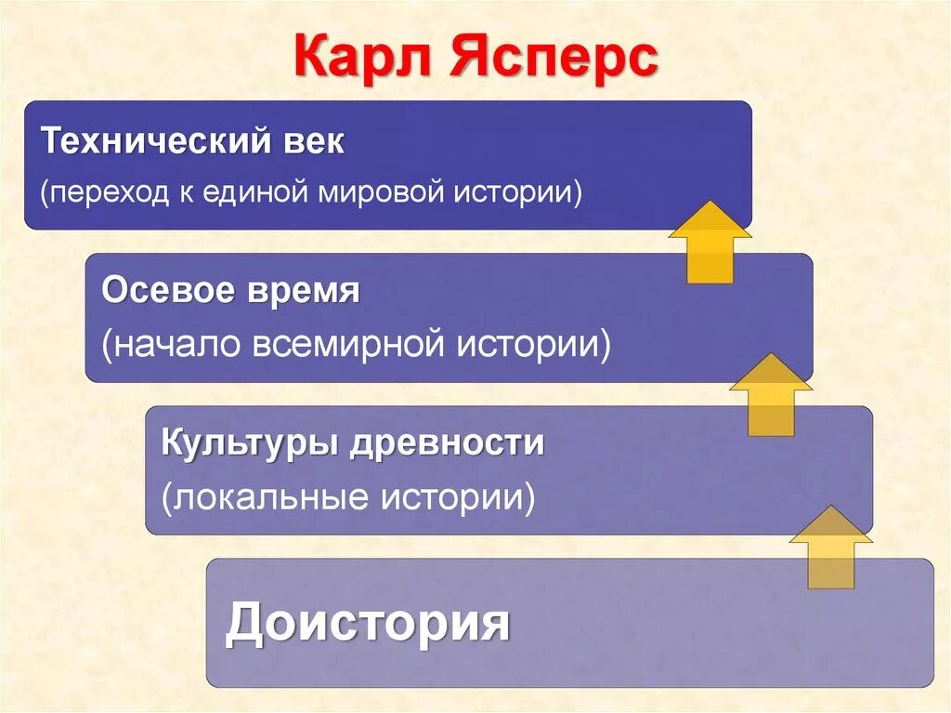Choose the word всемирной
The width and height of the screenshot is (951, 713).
click(x=351, y=345)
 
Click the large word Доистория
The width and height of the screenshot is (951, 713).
click(x=367, y=623)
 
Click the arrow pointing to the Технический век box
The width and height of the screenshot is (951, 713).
click(x=710, y=241)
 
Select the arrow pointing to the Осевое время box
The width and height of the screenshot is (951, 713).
click(x=771, y=394)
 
